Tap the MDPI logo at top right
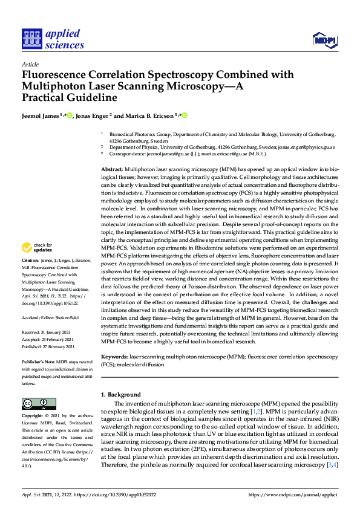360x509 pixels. point(324,40)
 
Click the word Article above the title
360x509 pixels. point(30,64)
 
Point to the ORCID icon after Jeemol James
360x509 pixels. point(70,115)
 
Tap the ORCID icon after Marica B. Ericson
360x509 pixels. point(185,115)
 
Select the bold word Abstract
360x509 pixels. point(112,170)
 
